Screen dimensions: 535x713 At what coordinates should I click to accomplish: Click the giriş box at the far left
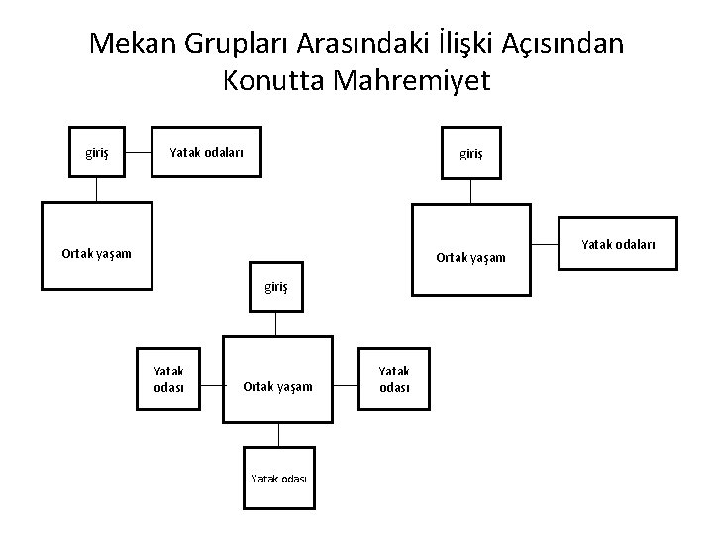point(96,152)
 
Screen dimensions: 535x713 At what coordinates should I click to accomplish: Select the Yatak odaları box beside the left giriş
point(205,152)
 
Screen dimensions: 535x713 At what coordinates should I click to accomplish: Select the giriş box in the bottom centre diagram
point(277,287)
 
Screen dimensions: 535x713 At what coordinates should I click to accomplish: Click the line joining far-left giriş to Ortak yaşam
point(96,190)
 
